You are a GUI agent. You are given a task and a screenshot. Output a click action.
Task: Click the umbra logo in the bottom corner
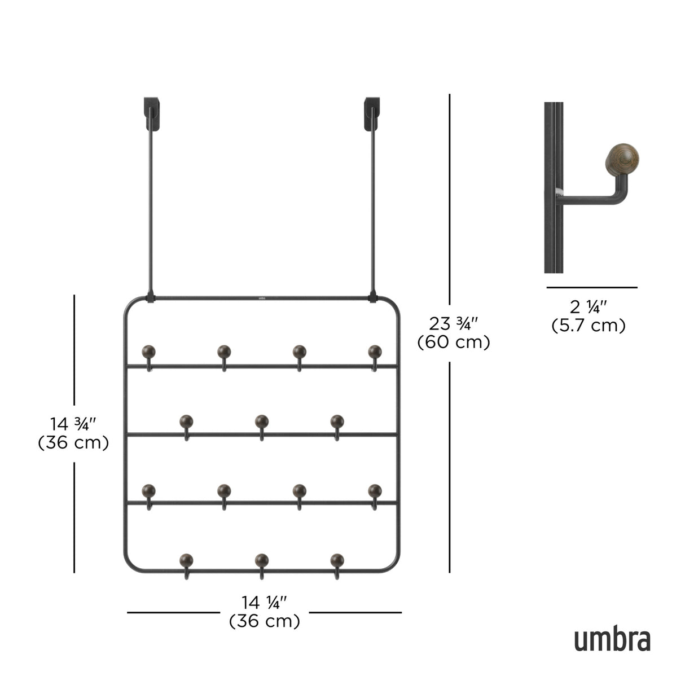(612, 639)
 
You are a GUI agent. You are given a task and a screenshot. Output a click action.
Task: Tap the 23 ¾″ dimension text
(454, 324)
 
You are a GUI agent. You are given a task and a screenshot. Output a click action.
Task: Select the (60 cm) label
(454, 342)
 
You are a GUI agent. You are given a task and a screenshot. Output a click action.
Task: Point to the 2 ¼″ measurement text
(589, 307)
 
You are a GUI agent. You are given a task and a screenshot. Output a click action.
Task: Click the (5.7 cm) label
(589, 326)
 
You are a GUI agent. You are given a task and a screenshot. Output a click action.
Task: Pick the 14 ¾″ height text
(73, 424)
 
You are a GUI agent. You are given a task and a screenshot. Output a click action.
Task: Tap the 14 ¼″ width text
(264, 603)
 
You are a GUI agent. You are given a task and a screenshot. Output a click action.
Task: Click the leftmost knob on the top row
(149, 352)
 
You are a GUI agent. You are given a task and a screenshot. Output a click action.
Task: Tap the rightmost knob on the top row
(375, 352)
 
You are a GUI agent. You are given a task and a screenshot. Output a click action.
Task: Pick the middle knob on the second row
(261, 421)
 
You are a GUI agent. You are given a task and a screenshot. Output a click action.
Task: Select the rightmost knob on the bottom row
(337, 560)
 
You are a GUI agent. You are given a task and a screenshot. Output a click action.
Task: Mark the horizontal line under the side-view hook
(591, 288)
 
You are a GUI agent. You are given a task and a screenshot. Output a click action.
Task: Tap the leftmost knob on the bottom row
(186, 560)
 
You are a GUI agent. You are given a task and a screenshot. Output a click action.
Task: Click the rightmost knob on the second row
(337, 421)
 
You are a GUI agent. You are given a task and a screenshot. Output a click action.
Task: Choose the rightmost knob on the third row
(375, 490)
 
